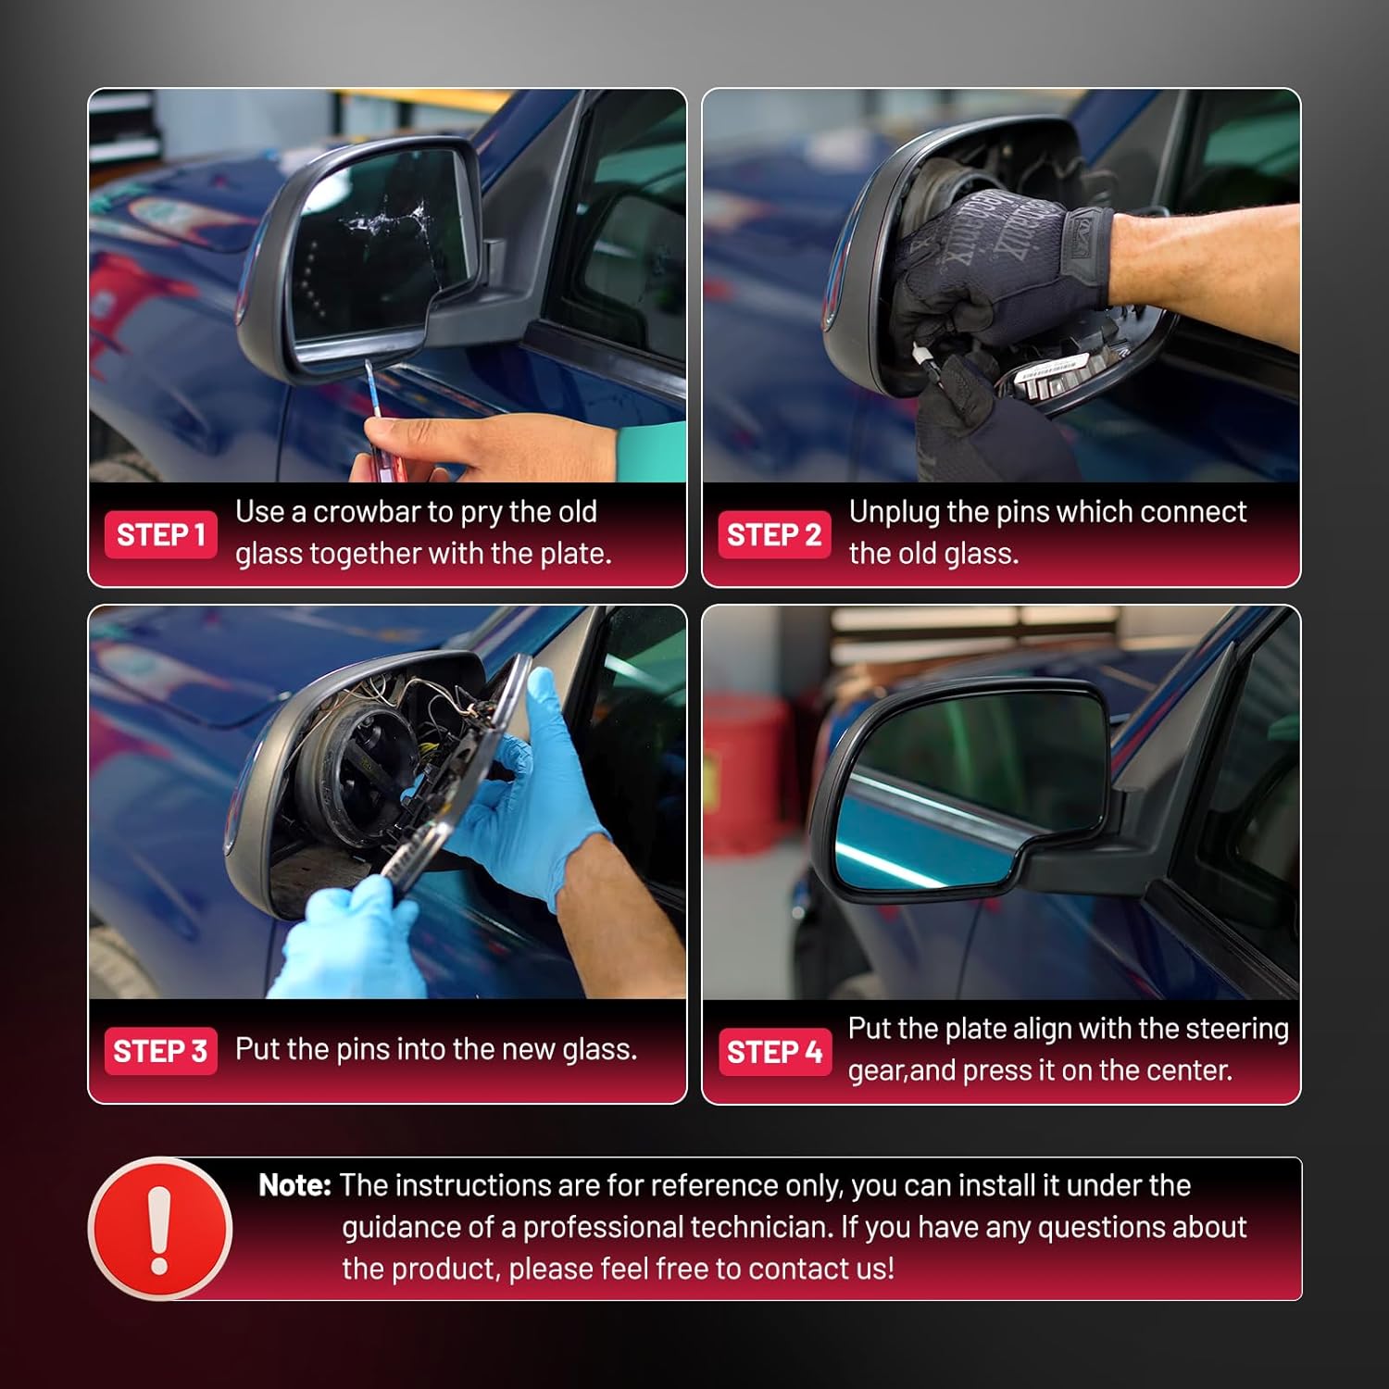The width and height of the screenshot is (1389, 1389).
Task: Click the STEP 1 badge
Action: (161, 534)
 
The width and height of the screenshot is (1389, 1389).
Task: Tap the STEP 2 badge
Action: (775, 534)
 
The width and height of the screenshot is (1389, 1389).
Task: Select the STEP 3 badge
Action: (161, 1051)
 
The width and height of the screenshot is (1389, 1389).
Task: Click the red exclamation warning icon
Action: (160, 1229)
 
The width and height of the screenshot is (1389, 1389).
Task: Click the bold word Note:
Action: (294, 1185)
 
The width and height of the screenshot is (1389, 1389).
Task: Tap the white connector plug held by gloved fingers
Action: (924, 357)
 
